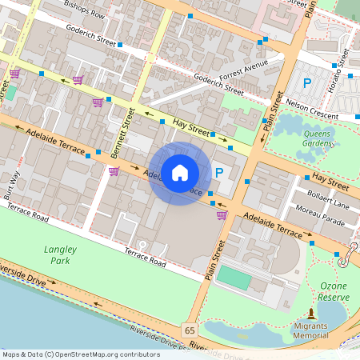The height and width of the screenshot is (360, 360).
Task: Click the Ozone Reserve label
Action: [334, 291]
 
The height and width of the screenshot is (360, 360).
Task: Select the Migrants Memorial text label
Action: [310, 330]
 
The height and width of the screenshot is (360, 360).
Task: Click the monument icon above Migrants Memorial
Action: [310, 312]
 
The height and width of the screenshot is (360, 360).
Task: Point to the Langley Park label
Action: [57, 255]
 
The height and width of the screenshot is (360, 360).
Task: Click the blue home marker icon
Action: [180, 173]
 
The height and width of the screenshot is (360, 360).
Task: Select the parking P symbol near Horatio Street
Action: [306, 82]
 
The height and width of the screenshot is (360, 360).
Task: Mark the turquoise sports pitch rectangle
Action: [234, 278]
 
